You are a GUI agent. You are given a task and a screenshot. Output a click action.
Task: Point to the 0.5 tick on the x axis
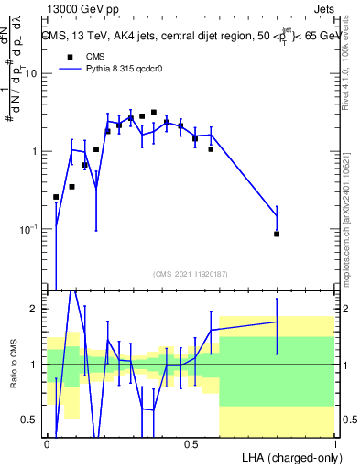coord(191,443)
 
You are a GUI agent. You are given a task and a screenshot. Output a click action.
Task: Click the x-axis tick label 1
coord(334,443)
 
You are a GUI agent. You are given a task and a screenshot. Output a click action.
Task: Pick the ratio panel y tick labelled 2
coord(36,309)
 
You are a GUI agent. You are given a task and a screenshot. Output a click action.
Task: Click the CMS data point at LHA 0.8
coord(277,234)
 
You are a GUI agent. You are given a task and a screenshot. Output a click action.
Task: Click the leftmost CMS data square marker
coord(56,197)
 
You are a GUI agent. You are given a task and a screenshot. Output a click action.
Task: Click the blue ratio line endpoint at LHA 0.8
coord(277,322)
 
